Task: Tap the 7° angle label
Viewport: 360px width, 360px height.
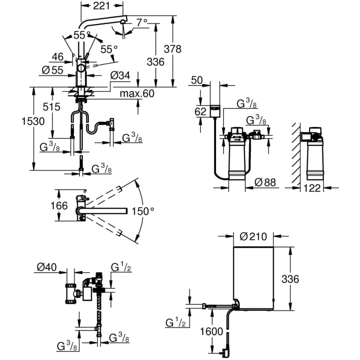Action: (141, 23)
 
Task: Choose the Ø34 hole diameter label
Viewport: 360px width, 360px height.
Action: (120, 75)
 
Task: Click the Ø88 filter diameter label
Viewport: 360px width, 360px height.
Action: (265, 183)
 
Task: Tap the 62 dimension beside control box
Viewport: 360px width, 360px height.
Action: (201, 112)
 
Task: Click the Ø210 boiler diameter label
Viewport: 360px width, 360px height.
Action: (253, 237)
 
